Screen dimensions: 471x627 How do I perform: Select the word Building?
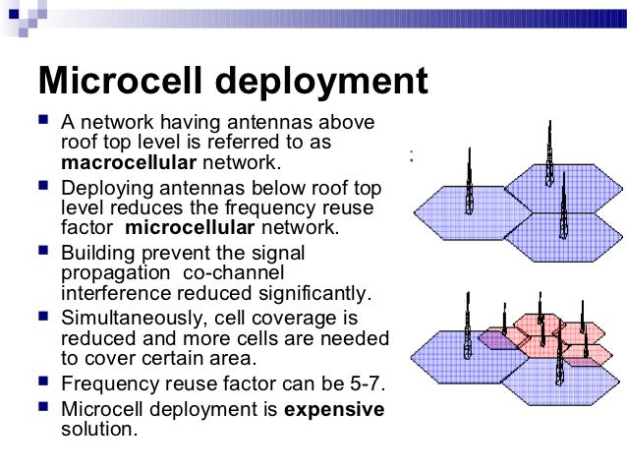pyautogui.click(x=96, y=252)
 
